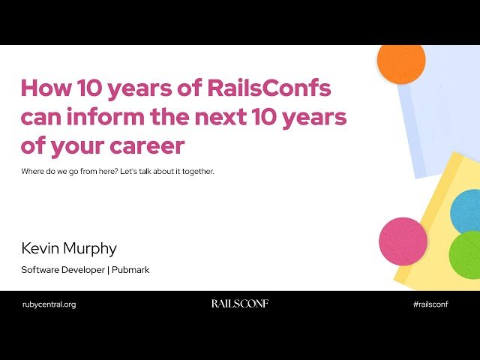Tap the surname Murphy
pos(91,248)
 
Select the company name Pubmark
pos(132,269)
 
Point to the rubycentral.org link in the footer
pos(49,304)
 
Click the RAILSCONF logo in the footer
pos(239,304)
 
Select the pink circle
pos(403,241)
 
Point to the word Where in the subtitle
pos(34,172)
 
